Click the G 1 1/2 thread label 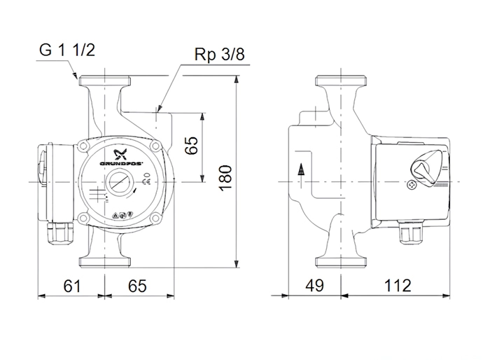point(67,50)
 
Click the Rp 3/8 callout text point(219,55)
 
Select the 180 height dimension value point(225,179)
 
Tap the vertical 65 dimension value point(191,146)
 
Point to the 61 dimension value point(72,286)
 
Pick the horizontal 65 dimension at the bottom point(137,286)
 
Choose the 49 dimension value point(314,286)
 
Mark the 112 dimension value point(397,286)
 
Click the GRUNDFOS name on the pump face point(121,164)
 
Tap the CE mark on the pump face point(146,181)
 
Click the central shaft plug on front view point(120,182)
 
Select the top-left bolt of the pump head point(83,146)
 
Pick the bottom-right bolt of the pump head point(155,218)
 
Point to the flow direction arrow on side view point(301,176)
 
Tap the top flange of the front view point(105,81)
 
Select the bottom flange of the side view point(341,262)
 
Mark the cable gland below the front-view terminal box point(61,233)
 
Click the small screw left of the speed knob point(412,185)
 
